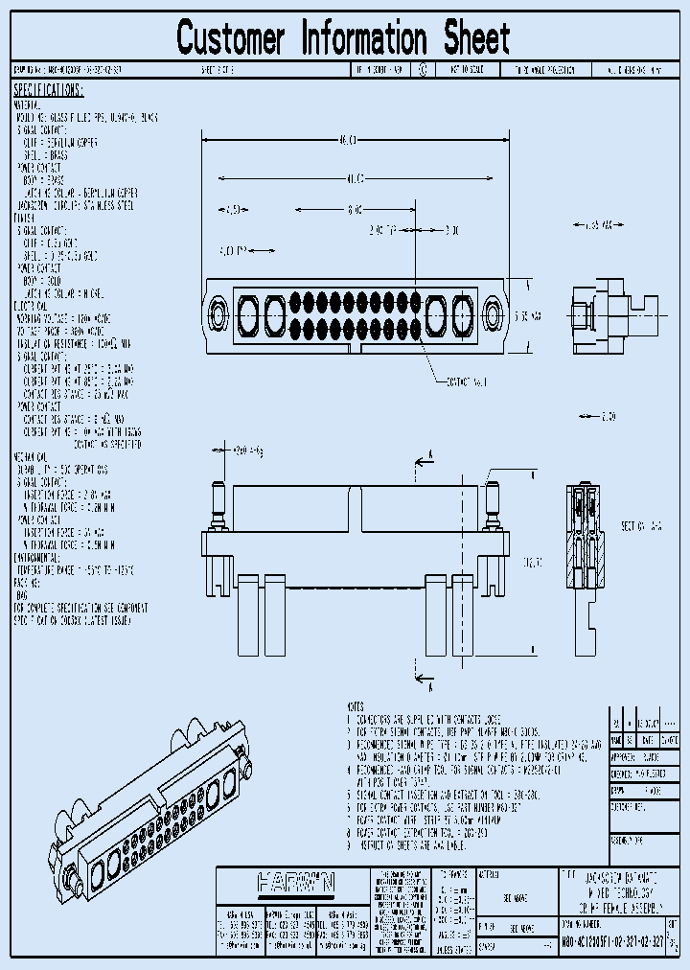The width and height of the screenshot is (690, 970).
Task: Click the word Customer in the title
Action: [231, 39]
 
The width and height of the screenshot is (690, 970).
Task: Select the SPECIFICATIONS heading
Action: [48, 90]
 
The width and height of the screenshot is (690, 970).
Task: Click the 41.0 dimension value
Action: [354, 178]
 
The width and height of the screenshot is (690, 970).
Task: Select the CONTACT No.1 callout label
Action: [467, 381]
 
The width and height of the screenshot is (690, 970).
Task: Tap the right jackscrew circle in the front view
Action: [493, 312]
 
